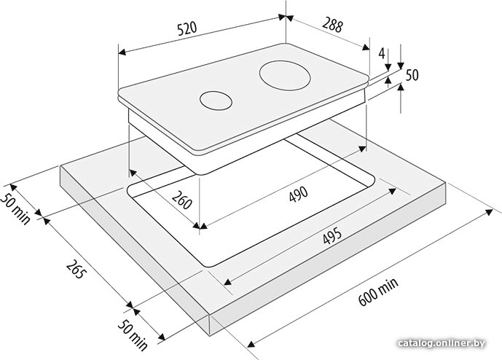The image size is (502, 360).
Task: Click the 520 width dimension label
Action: pos(187,29)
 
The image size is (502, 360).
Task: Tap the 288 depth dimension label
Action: pos(332,25)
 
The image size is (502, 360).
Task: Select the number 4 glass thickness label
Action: pos(382,53)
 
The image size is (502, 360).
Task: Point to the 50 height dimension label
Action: pos(412,75)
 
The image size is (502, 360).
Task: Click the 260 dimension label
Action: pos(182,199)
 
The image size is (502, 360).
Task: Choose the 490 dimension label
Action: pos(299,194)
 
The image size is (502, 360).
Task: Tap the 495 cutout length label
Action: pos(332,235)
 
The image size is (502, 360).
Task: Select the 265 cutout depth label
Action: pos(77,268)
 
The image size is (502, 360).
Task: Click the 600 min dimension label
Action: pos(378,291)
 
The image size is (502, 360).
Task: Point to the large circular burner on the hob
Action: pos(285,77)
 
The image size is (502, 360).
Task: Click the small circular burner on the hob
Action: pos(216,101)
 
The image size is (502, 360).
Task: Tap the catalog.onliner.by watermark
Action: pos(442,343)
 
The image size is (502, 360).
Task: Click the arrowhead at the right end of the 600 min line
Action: pos(490,212)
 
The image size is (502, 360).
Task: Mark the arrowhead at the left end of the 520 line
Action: pos(122,52)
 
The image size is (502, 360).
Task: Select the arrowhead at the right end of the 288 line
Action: pos(366,47)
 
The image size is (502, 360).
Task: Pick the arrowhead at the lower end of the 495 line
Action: pos(227,282)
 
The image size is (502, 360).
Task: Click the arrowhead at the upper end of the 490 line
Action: pos(363,149)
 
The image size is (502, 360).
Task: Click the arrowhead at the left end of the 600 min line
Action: pos(251,344)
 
